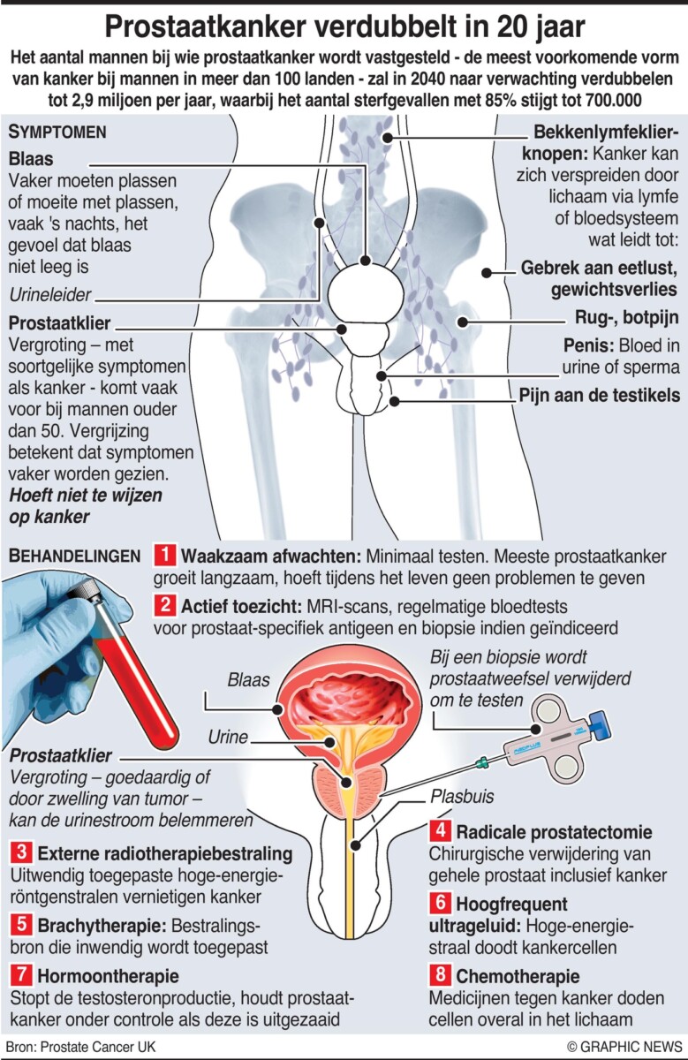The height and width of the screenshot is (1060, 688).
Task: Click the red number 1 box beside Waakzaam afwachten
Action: click(x=164, y=556)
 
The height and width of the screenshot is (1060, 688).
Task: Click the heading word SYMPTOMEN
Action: click(x=57, y=132)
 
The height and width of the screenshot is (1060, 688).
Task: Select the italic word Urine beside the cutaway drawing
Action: click(x=229, y=736)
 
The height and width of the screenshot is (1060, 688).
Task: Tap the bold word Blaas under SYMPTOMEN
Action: click(x=29, y=160)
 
